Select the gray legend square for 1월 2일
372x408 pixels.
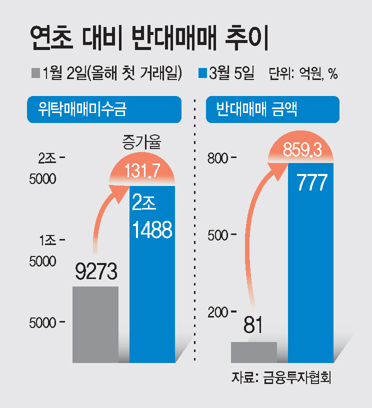click(x=35, y=73)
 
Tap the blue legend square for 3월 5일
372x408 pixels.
click(x=203, y=73)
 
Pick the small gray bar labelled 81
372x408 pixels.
click(x=253, y=352)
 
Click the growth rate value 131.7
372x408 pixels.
click(x=142, y=171)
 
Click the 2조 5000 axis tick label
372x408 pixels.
click(x=46, y=168)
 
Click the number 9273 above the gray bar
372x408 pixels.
click(x=96, y=271)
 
